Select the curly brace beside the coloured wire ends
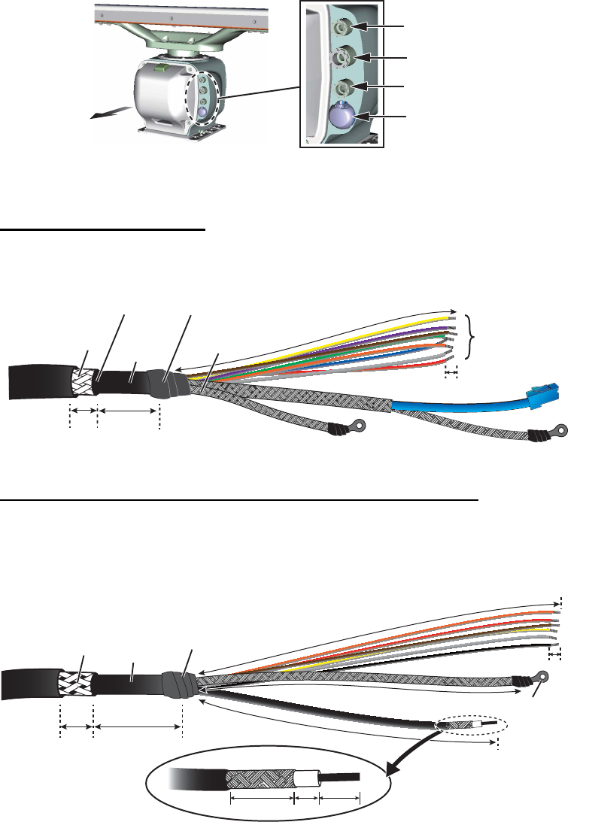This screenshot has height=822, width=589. (472, 339)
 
